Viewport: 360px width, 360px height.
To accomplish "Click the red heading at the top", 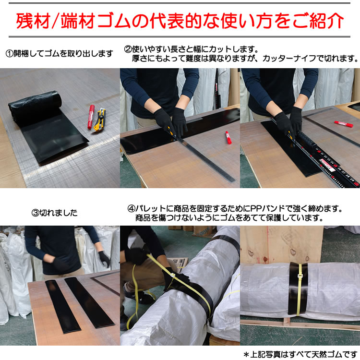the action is click(x=180, y=21).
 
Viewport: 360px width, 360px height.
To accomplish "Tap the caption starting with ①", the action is click(x=59, y=54).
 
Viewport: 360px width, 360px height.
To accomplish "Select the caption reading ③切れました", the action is click(x=55, y=213).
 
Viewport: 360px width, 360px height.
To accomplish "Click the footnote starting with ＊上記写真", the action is click(x=301, y=354).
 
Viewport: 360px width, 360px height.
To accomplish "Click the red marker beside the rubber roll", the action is click(x=91, y=117).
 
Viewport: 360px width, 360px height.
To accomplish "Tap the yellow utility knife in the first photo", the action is click(x=100, y=120).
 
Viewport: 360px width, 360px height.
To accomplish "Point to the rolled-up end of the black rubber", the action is click(x=35, y=106).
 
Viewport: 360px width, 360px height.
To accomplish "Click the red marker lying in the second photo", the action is click(x=228, y=138).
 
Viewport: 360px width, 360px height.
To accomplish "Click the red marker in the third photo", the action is click(x=344, y=124).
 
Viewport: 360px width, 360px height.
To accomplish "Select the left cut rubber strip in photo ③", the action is click(x=62, y=307).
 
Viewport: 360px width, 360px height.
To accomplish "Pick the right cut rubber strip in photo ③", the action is click(x=90, y=302).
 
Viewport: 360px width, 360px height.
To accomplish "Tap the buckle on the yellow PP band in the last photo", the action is click(x=300, y=276).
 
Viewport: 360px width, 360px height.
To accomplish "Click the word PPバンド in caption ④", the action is click(x=267, y=208).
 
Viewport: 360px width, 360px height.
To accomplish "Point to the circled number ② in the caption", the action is click(x=128, y=49).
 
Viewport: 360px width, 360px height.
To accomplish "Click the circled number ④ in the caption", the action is click(x=132, y=208).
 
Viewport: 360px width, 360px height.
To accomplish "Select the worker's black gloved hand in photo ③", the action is click(x=104, y=259).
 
